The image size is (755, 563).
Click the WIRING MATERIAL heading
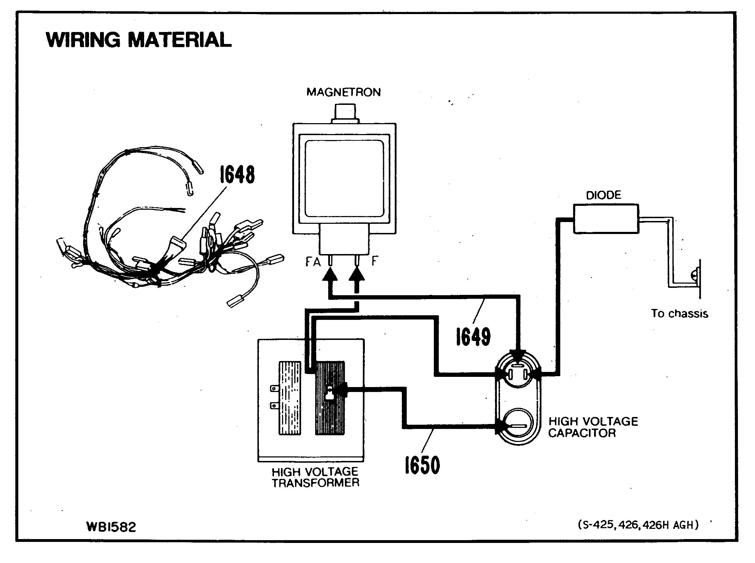click(x=138, y=39)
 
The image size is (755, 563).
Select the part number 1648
click(x=237, y=175)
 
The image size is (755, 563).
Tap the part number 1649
click(x=473, y=336)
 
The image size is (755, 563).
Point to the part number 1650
click(x=422, y=465)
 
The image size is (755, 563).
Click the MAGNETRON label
click(x=344, y=92)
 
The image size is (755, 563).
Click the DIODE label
click(x=604, y=195)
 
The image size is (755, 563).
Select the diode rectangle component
click(x=606, y=219)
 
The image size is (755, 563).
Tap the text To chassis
click(x=679, y=314)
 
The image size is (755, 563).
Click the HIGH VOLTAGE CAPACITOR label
click(x=593, y=427)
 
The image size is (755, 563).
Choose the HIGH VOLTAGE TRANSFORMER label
click(x=315, y=477)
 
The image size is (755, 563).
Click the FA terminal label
click(x=313, y=262)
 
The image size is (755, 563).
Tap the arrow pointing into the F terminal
click(x=357, y=278)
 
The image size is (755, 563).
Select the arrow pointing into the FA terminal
click(x=330, y=278)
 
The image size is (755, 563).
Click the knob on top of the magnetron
click(x=345, y=112)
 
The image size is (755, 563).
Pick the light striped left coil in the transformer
click(x=290, y=398)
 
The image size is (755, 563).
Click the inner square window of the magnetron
click(x=344, y=179)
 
